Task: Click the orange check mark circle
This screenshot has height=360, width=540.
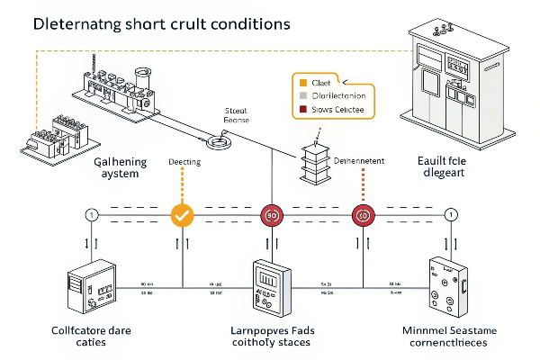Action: tap(183, 215)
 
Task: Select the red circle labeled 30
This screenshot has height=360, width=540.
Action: tap(272, 215)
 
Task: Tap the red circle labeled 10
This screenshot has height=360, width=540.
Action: tap(363, 215)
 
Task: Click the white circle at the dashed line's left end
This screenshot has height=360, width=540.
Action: tap(91, 215)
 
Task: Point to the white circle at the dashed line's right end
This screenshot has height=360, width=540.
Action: tap(451, 215)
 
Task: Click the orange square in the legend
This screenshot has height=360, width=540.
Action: tap(303, 81)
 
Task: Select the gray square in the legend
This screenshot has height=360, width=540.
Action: tap(303, 95)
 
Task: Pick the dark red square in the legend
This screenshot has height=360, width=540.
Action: tap(303, 110)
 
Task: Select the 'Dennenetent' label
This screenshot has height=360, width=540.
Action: tap(359, 161)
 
